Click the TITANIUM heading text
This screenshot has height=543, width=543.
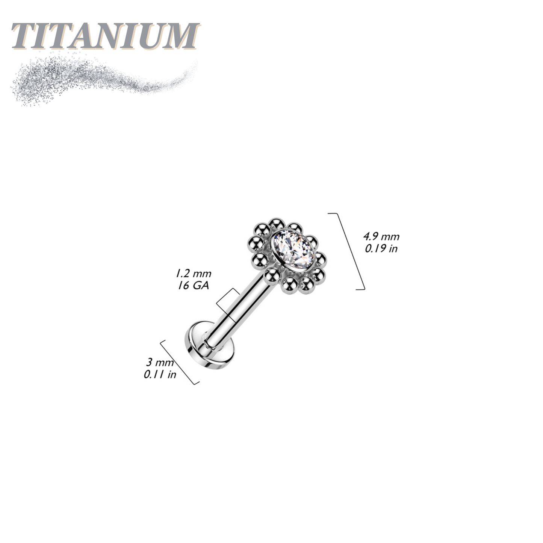[x=105, y=36]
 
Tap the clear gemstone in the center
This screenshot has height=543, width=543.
[x=292, y=250]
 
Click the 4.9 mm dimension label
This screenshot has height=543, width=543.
[x=381, y=237]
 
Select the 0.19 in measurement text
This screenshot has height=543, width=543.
[x=381, y=248]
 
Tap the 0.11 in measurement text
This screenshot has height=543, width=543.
[x=160, y=375]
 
